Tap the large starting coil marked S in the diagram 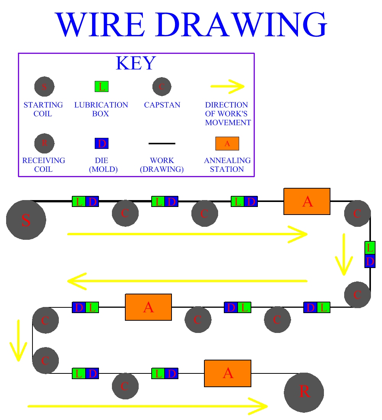pos(26,220)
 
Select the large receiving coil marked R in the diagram pos(304,393)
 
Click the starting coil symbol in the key pos(44,87)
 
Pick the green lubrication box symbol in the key pos(102,87)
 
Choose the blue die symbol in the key pos(102,144)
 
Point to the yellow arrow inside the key pos(227,87)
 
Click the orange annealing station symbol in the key pos(227,144)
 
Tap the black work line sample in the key pos(162,144)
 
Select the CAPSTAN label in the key pos(162,105)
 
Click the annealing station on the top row pos(307,201)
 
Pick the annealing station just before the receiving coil pos(228,373)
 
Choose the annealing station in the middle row pos(148,307)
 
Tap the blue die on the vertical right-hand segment pos(370,261)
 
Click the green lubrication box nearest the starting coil pos(79,202)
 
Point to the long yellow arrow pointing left pos(187,281)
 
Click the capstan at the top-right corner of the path pos(357,213)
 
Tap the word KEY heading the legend pos(136,63)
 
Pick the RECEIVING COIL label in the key pos(44,165)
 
